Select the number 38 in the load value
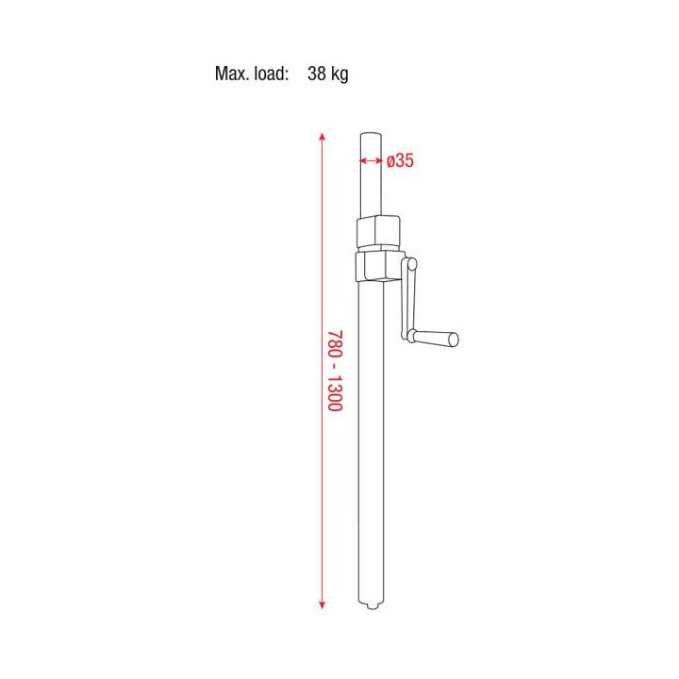(x=317, y=75)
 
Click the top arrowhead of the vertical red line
(x=323, y=137)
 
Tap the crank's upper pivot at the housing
(x=410, y=263)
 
